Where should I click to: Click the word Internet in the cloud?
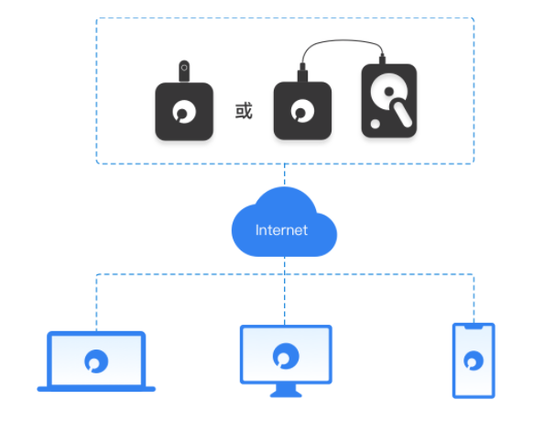281,230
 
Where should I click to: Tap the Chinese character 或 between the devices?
244,111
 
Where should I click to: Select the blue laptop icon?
96,361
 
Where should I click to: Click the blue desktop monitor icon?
286,361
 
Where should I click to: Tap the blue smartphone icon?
474,361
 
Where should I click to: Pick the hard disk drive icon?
389,100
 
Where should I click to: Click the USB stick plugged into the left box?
184,71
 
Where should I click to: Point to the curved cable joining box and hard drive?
343,40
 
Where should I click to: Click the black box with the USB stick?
184,111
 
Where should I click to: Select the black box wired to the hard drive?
302,111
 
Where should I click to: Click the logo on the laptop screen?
96,361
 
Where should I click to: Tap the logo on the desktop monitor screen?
286,356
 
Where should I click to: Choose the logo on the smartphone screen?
474,361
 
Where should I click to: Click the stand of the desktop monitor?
286,391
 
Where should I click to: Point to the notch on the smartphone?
474,327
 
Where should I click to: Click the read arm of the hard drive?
401,113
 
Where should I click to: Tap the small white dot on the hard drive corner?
375,124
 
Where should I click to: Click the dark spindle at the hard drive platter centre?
389,92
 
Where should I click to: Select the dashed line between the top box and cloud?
285,175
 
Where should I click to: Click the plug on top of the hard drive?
382,60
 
